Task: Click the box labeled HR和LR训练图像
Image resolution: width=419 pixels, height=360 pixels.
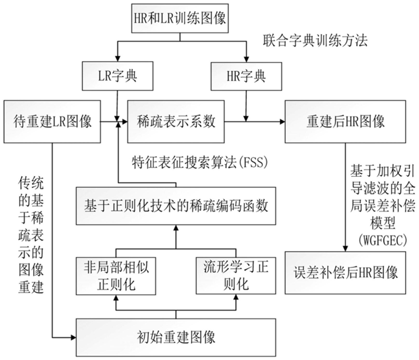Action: [180, 18]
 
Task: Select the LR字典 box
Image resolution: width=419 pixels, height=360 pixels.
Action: [118, 76]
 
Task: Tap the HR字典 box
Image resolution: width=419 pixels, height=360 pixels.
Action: [246, 76]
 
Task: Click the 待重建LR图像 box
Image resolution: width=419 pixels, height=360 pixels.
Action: [52, 121]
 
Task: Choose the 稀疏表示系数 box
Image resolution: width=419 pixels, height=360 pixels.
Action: [176, 121]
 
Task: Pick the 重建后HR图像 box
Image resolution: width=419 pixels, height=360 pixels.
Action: [345, 121]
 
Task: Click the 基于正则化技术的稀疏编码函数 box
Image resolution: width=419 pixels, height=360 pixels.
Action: [176, 206]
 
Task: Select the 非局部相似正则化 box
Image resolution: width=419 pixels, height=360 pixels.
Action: [116, 276]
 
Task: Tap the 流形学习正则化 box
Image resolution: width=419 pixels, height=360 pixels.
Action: [236, 276]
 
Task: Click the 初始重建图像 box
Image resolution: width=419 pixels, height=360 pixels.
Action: [176, 337]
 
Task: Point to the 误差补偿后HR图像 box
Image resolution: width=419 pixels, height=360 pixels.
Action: [345, 273]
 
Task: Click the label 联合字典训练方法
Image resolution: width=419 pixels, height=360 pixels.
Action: [315, 41]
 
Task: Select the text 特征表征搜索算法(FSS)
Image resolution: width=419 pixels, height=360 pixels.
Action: [200, 162]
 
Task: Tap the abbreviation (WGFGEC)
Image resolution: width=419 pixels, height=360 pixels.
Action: [382, 240]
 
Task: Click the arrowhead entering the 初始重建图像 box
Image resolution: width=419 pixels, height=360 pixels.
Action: [73, 337]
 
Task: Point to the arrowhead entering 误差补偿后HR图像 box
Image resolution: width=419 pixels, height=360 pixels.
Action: [345, 248]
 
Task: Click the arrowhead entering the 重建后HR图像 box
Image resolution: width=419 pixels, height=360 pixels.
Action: [282, 122]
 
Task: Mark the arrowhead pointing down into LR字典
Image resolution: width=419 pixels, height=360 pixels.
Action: [118, 59]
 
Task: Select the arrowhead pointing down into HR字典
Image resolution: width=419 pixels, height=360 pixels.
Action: [246, 60]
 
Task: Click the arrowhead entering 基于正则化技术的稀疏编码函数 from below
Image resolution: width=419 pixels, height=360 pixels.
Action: [176, 228]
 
